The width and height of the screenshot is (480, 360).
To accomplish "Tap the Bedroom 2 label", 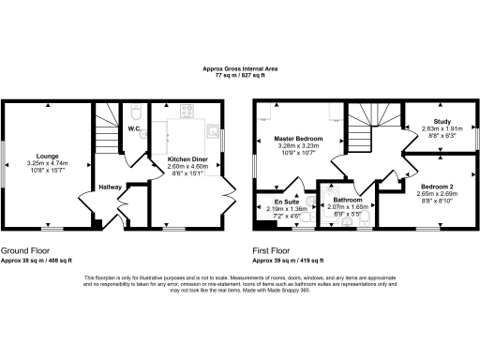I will tap(436, 186).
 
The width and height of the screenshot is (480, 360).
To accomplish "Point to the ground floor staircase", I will tap(112, 141).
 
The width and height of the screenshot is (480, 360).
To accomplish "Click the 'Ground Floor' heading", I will tap(26, 251).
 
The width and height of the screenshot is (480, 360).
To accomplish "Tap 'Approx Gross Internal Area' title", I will tap(240, 67).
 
